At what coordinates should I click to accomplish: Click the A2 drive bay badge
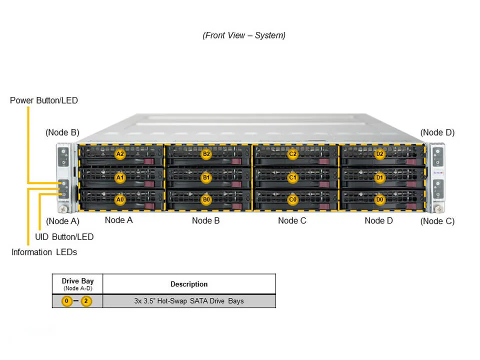tap(120, 154)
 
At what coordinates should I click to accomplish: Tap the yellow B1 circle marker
tap(206, 177)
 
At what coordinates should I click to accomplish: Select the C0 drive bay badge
tap(293, 199)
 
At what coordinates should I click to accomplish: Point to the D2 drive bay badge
tap(380, 154)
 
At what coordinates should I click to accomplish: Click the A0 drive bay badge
tap(120, 199)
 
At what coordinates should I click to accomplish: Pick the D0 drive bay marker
tap(380, 199)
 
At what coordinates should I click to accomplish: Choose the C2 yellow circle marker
tap(293, 154)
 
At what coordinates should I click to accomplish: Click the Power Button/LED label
tap(44, 100)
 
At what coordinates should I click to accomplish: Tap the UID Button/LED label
tap(64, 236)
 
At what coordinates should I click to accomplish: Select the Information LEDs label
tap(44, 252)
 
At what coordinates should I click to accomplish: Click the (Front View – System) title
tap(244, 35)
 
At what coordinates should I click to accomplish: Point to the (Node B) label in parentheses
tap(62, 132)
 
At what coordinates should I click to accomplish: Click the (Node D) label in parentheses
tap(437, 132)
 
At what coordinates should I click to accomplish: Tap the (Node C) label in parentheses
tap(437, 221)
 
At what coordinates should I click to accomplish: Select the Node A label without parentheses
tap(118, 220)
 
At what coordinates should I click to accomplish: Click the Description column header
tap(189, 284)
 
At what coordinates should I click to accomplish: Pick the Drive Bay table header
tap(77, 283)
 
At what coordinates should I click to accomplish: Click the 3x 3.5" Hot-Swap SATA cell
tap(189, 301)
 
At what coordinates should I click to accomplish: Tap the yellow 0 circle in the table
tap(66, 301)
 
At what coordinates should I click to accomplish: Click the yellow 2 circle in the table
tap(86, 301)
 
